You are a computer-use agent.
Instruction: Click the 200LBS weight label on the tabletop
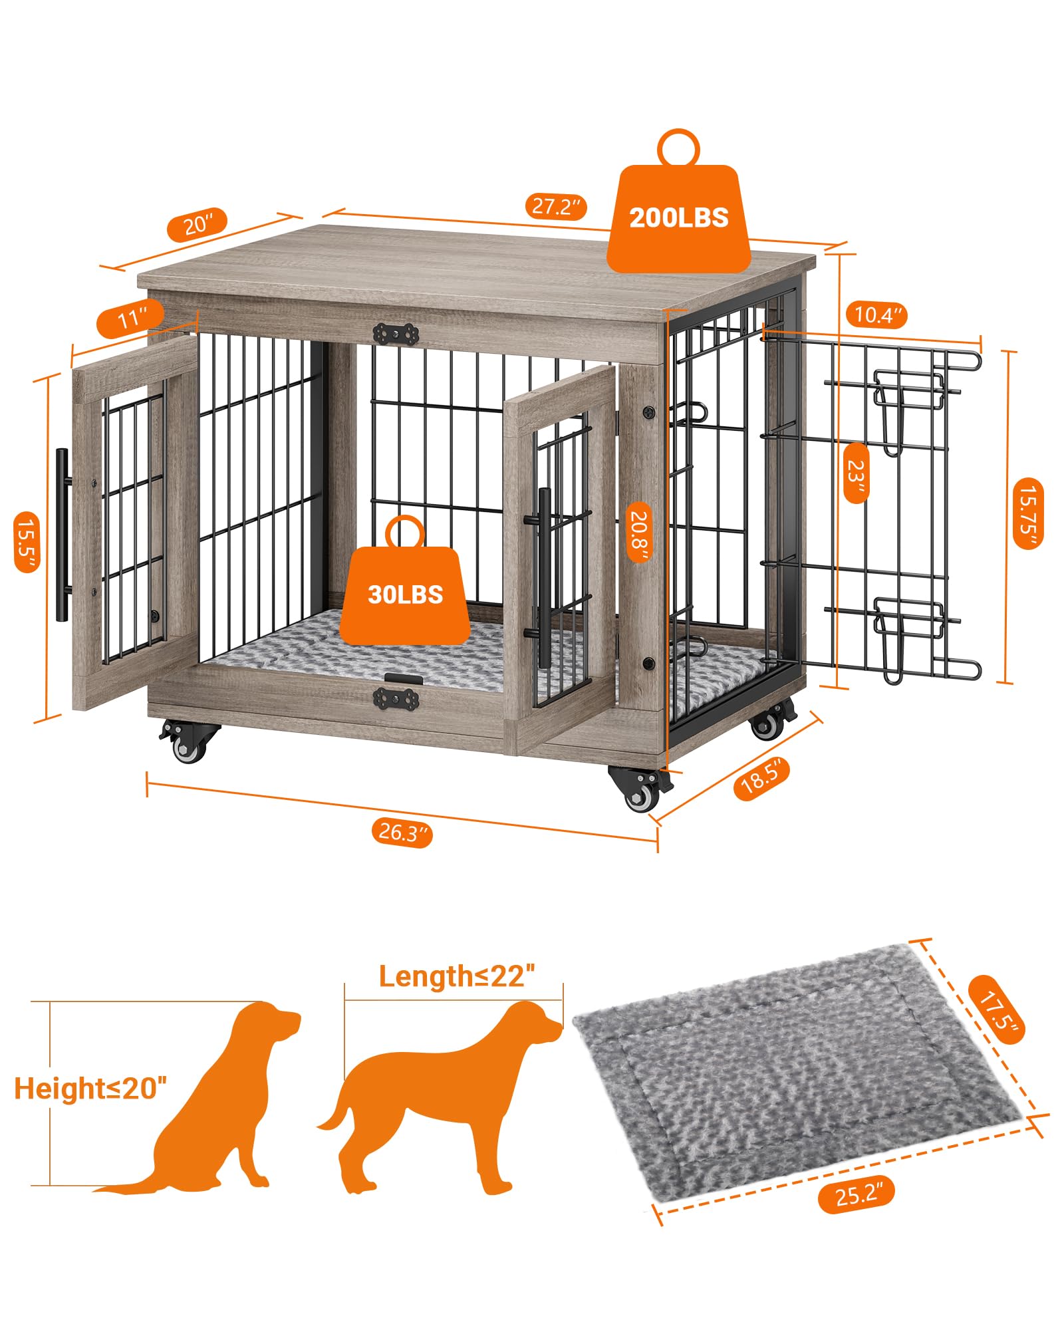pyautogui.click(x=678, y=218)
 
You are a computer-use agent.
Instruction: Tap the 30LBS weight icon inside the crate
pyautogui.click(x=405, y=594)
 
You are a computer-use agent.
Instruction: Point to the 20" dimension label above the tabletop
pyautogui.click(x=197, y=225)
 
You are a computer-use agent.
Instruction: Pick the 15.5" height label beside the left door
pyautogui.click(x=27, y=541)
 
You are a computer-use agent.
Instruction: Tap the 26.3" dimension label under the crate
pyautogui.click(x=402, y=832)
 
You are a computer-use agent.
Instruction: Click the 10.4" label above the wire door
pyautogui.click(x=876, y=314)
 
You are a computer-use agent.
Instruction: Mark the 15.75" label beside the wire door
pyautogui.click(x=1027, y=513)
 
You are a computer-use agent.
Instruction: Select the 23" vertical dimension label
pyautogui.click(x=855, y=472)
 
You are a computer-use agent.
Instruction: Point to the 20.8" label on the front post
pyautogui.click(x=639, y=531)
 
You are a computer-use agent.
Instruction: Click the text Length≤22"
pyautogui.click(x=456, y=976)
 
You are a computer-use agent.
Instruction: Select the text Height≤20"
pyautogui.click(x=90, y=1089)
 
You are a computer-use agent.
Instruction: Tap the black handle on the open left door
pyautogui.click(x=62, y=535)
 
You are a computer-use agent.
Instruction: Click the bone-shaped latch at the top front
pyautogui.click(x=396, y=334)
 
